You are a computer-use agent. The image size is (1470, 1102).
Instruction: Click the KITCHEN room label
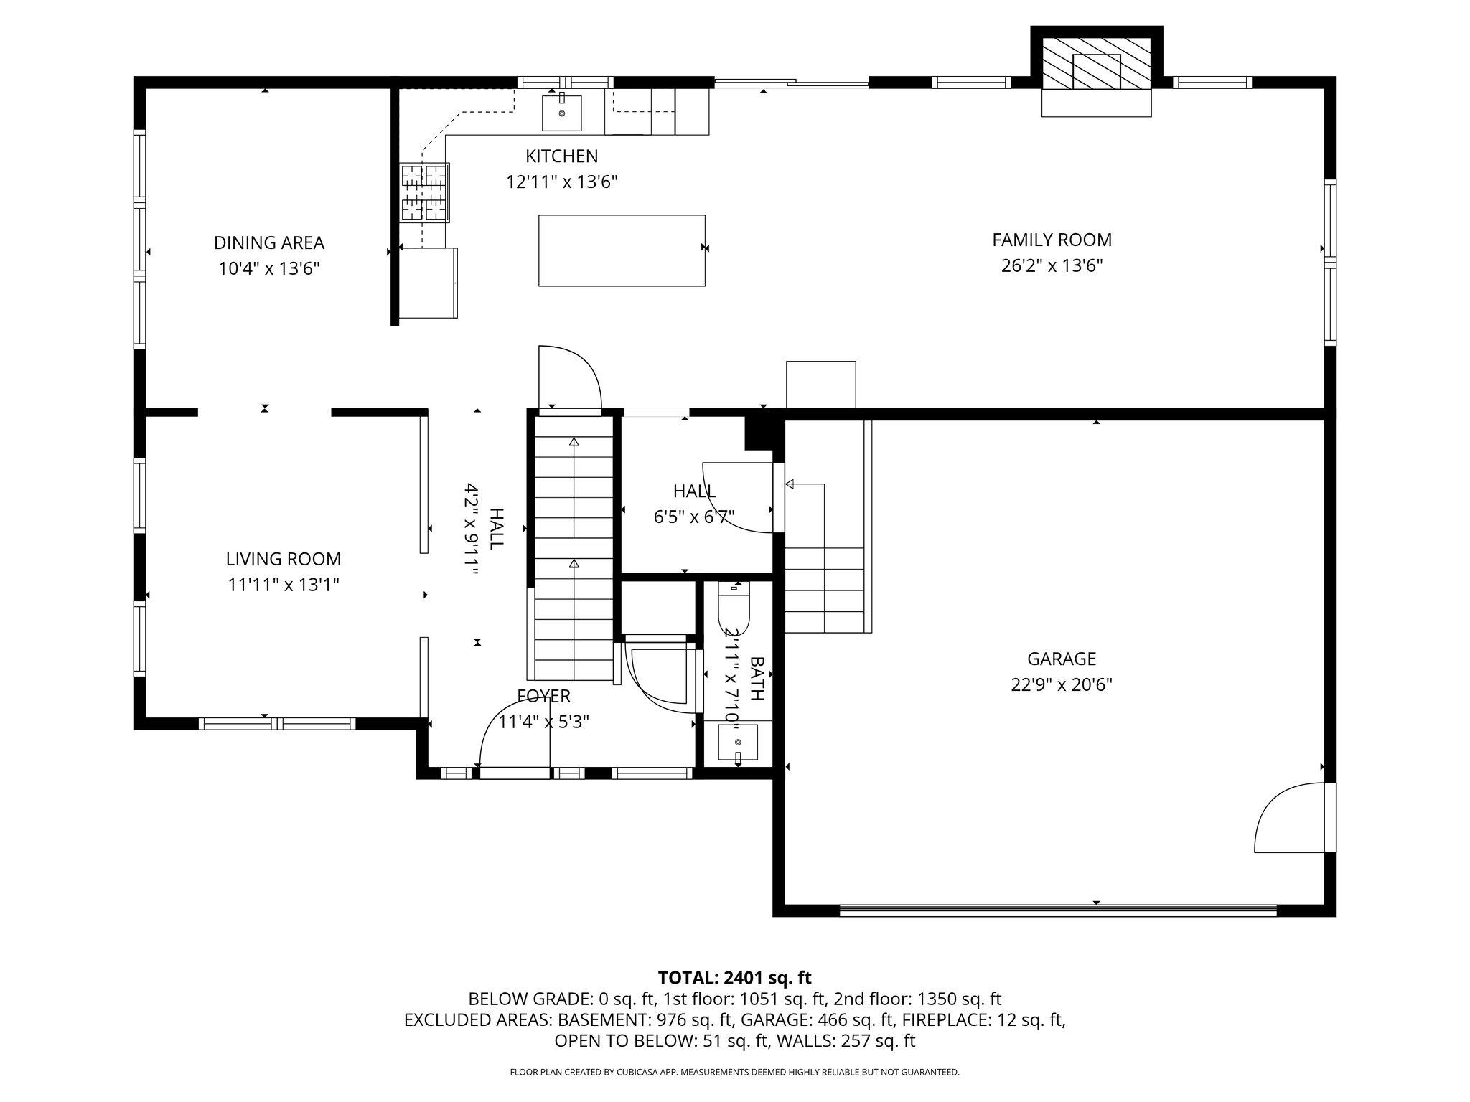pyautogui.click(x=561, y=156)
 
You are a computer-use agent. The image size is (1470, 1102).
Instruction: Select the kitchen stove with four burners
pyautogui.click(x=425, y=192)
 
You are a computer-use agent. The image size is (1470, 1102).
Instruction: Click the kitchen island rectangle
pyautogui.click(x=622, y=250)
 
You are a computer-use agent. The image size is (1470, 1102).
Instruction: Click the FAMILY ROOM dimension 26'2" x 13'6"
pyautogui.click(x=1052, y=266)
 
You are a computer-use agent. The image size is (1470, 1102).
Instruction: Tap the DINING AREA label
pyautogui.click(x=269, y=242)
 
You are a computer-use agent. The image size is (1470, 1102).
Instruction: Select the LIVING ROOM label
pyautogui.click(x=284, y=559)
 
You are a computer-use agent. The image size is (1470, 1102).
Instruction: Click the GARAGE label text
pyautogui.click(x=1062, y=659)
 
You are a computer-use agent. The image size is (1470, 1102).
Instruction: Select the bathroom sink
pyautogui.click(x=738, y=743)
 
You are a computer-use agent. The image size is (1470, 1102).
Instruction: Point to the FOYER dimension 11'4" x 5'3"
pyautogui.click(x=544, y=722)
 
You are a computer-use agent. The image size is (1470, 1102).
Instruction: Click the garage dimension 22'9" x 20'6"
pyautogui.click(x=1062, y=685)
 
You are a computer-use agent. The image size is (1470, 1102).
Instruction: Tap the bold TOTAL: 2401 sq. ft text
pyautogui.click(x=734, y=977)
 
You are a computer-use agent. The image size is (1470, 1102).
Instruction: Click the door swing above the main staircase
pyautogui.click(x=569, y=378)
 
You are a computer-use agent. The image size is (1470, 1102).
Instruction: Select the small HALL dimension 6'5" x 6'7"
pyautogui.click(x=694, y=517)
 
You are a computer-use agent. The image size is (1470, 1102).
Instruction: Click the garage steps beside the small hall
pyautogui.click(x=825, y=588)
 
